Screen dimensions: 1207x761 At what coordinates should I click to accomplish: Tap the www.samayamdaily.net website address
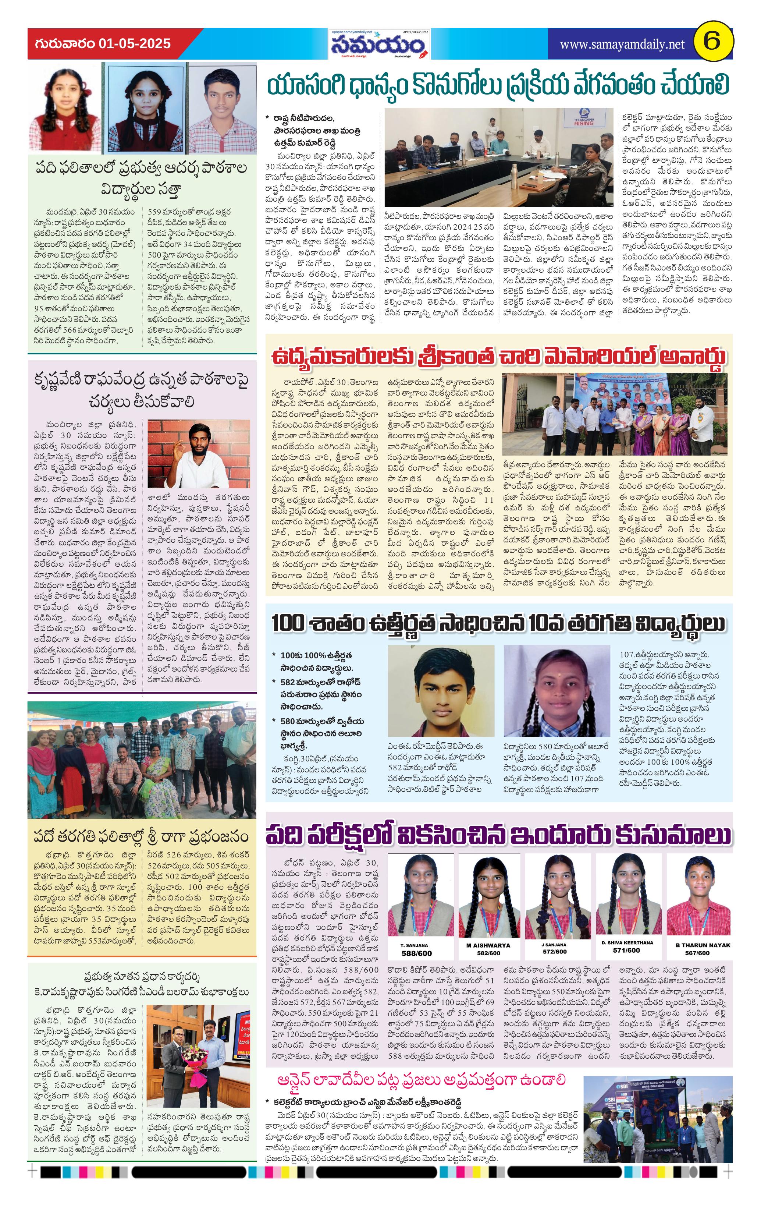622,44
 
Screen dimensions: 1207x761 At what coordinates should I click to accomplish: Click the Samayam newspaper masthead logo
379,45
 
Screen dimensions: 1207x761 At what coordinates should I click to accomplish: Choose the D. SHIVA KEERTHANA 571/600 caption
627,946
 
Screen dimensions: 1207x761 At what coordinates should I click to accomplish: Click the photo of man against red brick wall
199,454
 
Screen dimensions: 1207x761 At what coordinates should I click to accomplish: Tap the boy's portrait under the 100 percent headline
441,690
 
